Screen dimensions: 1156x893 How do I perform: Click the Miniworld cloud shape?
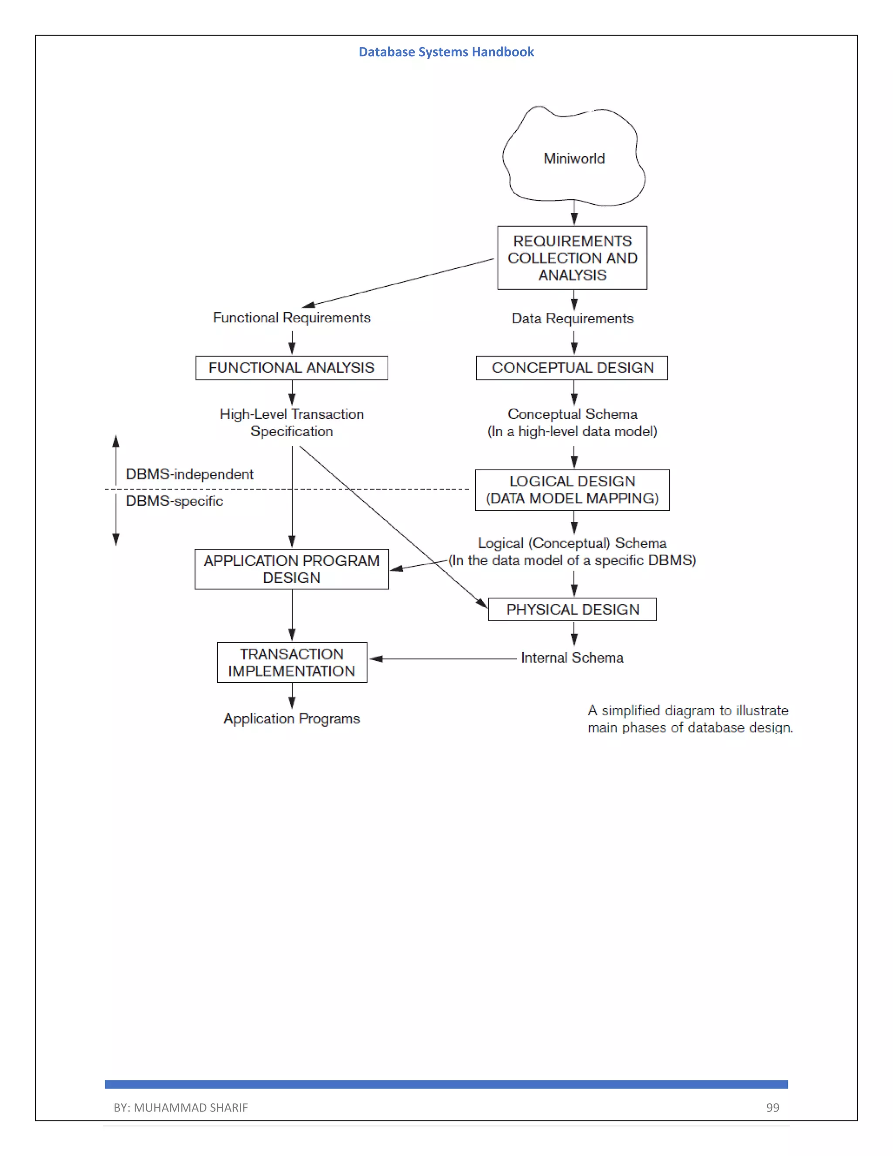pos(574,158)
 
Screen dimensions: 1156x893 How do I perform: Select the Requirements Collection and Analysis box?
pos(573,258)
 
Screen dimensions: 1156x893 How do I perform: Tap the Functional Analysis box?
pos(292,368)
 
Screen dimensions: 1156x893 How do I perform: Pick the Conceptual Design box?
pos(573,368)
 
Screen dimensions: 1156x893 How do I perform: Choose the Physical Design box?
pos(573,610)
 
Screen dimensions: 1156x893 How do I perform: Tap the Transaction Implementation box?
pos(292,663)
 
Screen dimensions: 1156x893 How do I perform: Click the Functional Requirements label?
pos(292,318)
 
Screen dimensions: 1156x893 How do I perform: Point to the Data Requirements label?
pos(573,318)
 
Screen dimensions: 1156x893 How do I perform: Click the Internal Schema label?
pos(573,658)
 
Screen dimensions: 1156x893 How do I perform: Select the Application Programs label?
pos(292,719)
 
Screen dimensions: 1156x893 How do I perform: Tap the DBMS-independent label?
pos(189,474)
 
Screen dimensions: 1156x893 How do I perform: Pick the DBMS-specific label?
pos(174,501)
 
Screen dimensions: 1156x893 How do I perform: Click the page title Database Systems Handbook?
pos(446,52)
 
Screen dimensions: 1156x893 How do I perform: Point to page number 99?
pos(772,1107)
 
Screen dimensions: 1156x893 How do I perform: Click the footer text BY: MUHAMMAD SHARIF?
pos(181,1107)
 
